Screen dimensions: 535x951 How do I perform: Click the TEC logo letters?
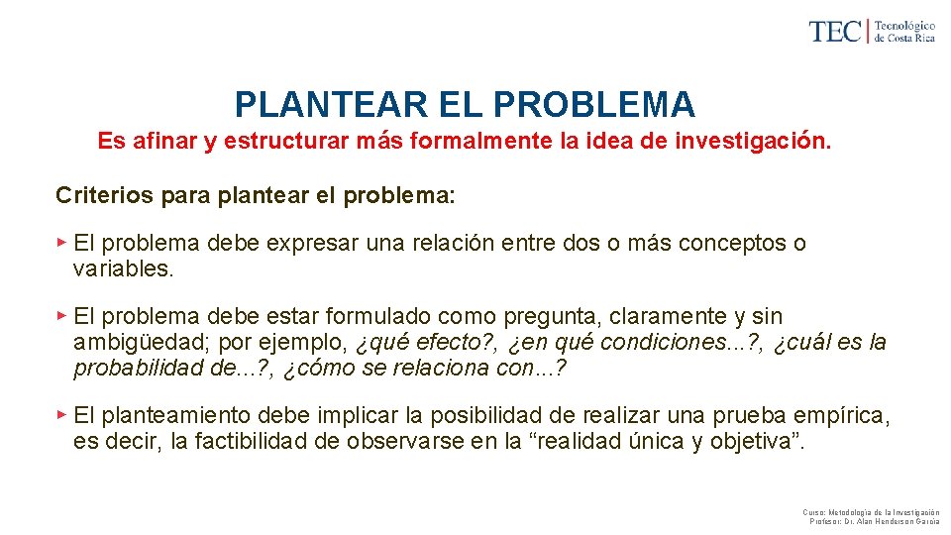pos(836,31)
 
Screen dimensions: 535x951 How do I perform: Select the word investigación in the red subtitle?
pos(752,141)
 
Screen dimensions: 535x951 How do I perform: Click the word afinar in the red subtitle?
pos(163,141)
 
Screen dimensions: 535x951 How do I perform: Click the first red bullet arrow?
pos(61,242)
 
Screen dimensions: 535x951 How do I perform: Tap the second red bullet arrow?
pos(61,315)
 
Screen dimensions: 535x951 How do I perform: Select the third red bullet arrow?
pos(61,414)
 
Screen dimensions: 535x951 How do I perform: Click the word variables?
pos(124,268)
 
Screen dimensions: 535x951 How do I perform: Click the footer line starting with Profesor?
pos(874,521)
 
